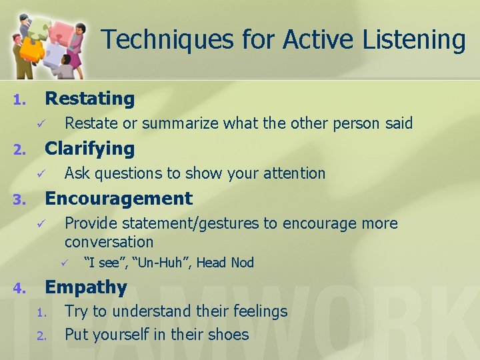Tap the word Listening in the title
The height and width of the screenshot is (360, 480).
(x=414, y=39)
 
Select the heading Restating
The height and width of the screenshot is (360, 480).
(x=89, y=99)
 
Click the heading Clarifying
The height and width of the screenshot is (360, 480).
(x=89, y=149)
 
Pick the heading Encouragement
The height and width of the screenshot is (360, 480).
(x=118, y=199)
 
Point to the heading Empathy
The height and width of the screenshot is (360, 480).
(x=85, y=287)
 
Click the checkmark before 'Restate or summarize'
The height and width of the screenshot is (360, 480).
(x=41, y=124)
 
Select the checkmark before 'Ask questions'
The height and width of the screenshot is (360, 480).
(x=41, y=174)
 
